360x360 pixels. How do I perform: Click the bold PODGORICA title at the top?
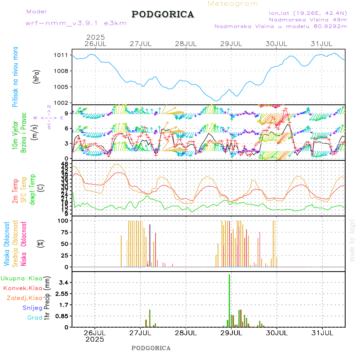pyautogui.click(x=163, y=14)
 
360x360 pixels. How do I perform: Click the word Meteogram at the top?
pyautogui.click(x=233, y=4)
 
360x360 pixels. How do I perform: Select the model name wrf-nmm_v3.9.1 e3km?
pyautogui.click(x=76, y=23)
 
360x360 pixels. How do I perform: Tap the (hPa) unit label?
pyautogui.click(x=37, y=76)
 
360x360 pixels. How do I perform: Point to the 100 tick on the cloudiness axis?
pyautogui.click(x=64, y=220)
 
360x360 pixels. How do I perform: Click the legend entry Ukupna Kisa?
pyautogui.click(x=22, y=278)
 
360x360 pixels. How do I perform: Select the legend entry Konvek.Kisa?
pyautogui.click(x=22, y=288)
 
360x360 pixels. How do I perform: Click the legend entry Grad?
pyautogui.click(x=34, y=318)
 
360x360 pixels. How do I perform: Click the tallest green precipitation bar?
pyautogui.click(x=229, y=300)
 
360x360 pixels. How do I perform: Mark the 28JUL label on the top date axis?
pyautogui.click(x=186, y=44)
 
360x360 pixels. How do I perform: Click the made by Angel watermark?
pyautogui.click(x=352, y=240)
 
